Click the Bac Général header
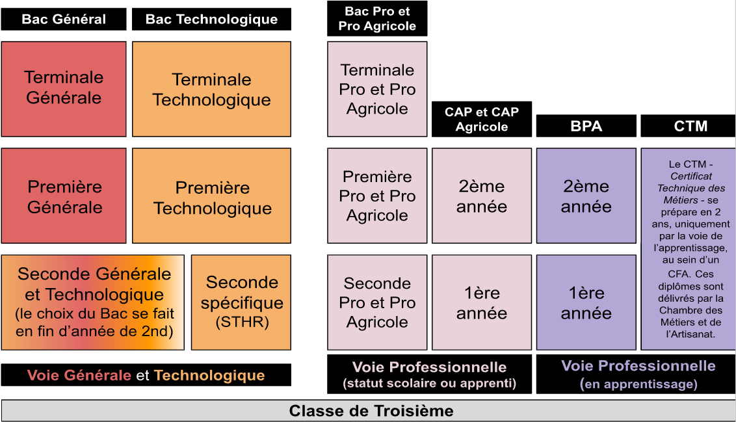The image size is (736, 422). click(x=64, y=19)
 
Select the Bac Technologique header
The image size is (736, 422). click(x=211, y=19)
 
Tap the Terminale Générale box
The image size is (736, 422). click(x=64, y=88)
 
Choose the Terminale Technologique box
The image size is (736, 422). click(x=211, y=89)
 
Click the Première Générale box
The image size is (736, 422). click(x=64, y=196)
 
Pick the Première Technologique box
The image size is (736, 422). click(x=211, y=196)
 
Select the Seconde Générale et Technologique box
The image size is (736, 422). click(x=93, y=302)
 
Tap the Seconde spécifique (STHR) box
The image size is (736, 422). click(x=241, y=302)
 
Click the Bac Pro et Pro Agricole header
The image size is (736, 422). click(x=377, y=18)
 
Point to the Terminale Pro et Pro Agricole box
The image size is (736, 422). click(x=377, y=89)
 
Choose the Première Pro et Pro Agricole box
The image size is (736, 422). click(x=377, y=196)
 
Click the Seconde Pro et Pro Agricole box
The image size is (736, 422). click(x=377, y=302)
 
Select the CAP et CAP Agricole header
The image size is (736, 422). click(x=482, y=119)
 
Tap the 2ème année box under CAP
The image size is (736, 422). click(x=482, y=196)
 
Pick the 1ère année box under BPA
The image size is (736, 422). click(x=586, y=302)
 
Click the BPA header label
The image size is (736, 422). click(x=586, y=126)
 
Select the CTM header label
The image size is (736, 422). click(x=690, y=126)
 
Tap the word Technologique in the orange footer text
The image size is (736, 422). click(x=209, y=375)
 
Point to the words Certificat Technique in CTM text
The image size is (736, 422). click(x=691, y=182)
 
